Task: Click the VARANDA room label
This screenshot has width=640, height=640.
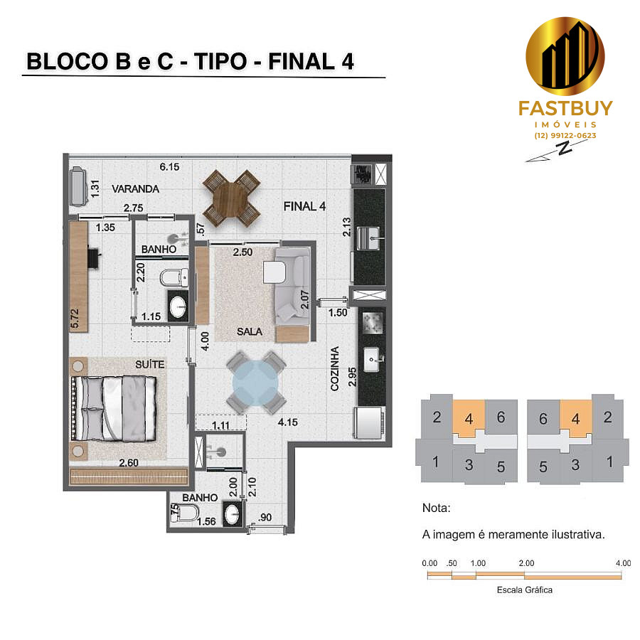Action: point(136,189)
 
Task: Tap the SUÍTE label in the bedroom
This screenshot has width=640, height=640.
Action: point(150,364)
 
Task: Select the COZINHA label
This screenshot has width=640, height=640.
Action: point(335,368)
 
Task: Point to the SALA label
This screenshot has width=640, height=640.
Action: point(250,331)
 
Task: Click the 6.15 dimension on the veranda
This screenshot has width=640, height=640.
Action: point(169,166)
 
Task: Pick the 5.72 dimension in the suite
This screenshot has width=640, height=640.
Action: point(74,319)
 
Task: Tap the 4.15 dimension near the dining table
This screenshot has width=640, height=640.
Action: point(288,422)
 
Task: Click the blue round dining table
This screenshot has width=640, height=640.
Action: point(255,383)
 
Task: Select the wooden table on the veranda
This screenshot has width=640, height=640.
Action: point(231,198)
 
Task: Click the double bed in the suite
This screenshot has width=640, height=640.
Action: point(114,409)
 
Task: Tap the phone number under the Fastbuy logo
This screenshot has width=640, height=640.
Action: point(565,136)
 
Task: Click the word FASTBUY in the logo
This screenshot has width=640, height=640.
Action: point(565,109)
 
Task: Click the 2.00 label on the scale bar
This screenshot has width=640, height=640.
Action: point(526,563)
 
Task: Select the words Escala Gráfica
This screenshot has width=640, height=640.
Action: point(525,590)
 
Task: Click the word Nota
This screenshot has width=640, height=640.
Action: point(437,508)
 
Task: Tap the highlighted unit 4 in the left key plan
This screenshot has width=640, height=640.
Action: point(469,419)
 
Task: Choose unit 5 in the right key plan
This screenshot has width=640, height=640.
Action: point(543,466)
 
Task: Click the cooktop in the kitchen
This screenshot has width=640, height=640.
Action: point(372,322)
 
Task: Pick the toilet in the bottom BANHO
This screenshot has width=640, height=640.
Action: point(185,513)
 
